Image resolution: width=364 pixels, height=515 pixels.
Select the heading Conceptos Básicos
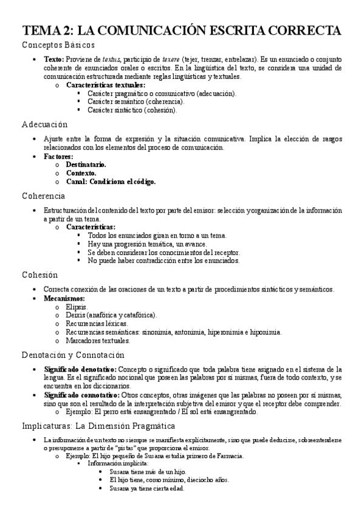coord(58,45)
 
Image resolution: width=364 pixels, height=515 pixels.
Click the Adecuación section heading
coord(44,124)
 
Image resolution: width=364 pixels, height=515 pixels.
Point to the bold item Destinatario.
coord(86,165)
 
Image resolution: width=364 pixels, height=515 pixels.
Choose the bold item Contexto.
coord(81,173)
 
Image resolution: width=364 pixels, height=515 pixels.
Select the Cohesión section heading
coord(40,275)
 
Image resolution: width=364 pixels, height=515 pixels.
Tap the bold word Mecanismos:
coord(64,298)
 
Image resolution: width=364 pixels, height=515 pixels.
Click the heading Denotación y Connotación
coord(73,355)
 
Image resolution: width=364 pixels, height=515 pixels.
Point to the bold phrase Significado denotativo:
coord(80,369)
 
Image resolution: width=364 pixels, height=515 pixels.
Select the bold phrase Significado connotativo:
coord(81,395)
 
